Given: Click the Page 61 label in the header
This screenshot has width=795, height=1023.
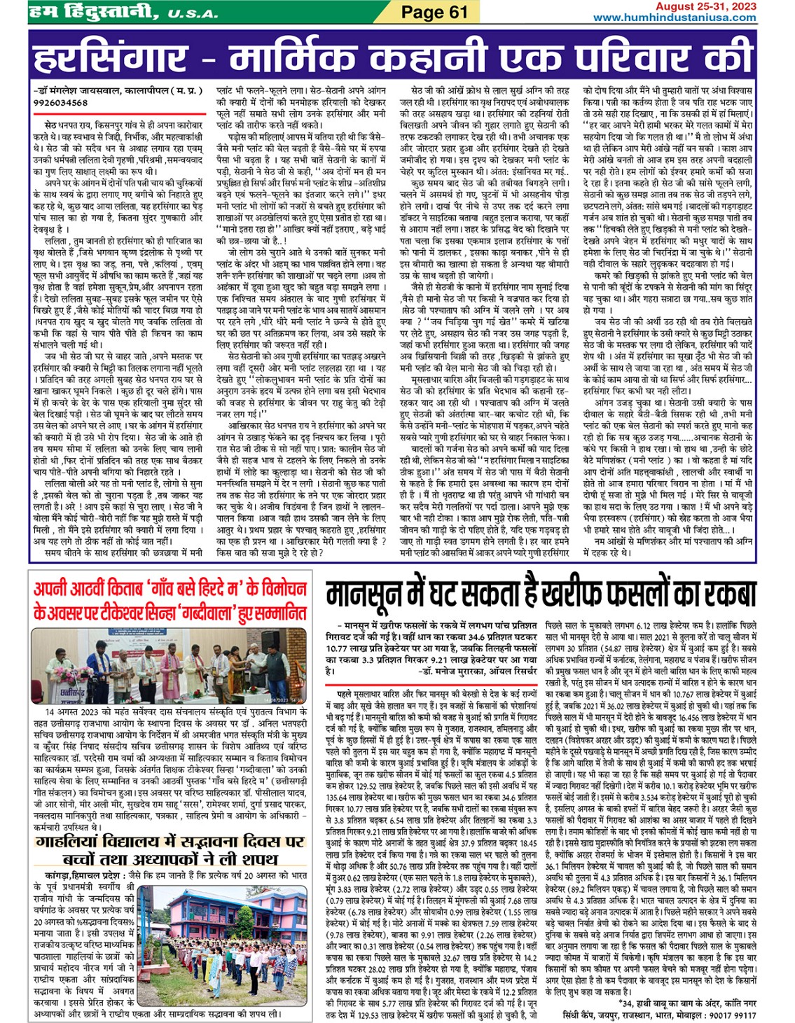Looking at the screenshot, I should point(434,12).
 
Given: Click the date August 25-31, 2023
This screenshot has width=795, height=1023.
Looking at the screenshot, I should point(705,6).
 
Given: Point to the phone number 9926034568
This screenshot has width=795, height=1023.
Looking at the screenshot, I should point(60,102).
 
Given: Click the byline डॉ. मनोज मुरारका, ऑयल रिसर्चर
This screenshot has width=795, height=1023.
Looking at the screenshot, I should point(478,671).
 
